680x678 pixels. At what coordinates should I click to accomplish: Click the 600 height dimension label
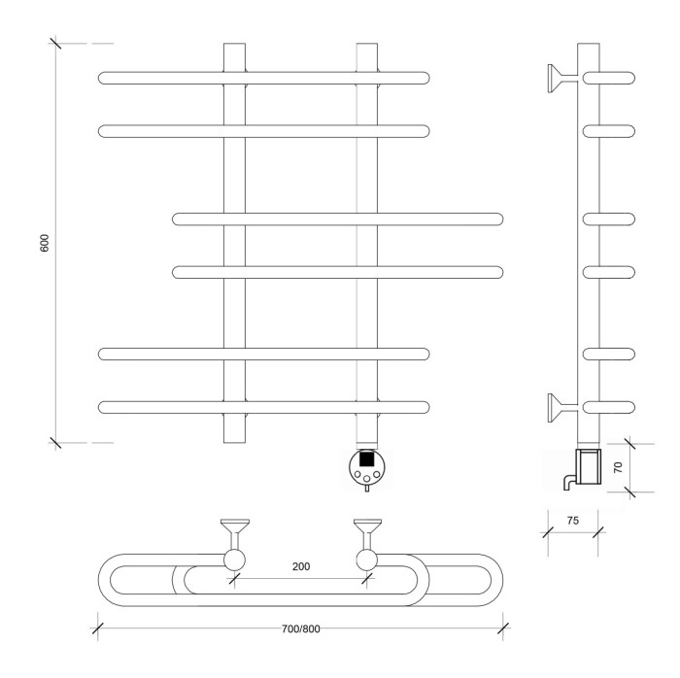pos(45,243)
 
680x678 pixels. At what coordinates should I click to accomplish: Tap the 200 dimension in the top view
pos(301,566)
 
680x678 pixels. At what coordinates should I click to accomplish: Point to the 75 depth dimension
pos(572,521)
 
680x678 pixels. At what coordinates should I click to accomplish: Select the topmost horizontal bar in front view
pos(263,77)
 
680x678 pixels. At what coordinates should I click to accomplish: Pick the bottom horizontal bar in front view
pos(263,406)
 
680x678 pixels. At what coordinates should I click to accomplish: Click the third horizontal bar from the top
pos(338,218)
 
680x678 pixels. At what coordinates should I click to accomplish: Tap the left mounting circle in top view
pos(234,559)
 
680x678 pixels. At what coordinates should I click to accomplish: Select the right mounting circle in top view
pos(367,559)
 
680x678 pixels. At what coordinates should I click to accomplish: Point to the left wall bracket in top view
pos(234,532)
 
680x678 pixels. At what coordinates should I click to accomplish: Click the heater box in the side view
pos(590,467)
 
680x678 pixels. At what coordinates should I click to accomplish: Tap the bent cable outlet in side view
pos(565,480)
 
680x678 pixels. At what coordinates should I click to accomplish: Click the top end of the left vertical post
pos(235,49)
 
